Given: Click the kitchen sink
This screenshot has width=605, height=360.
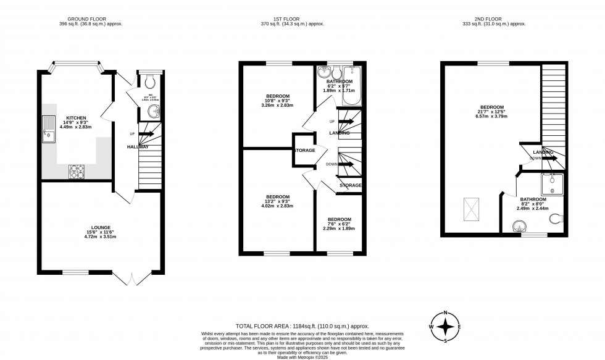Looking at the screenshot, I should (48, 130).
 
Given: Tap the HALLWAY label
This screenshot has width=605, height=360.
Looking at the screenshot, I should (138, 146).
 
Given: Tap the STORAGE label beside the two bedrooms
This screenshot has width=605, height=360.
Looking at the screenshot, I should (304, 150).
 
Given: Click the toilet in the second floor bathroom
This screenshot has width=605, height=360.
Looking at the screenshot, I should (558, 217).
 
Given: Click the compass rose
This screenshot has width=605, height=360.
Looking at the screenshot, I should (448, 326).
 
